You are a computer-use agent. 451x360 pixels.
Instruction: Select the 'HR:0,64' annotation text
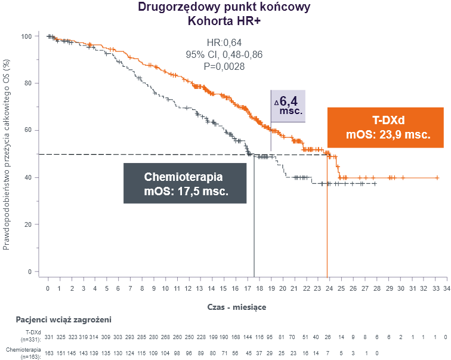[224, 42]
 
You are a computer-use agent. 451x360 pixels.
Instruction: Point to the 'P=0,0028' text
[224, 66]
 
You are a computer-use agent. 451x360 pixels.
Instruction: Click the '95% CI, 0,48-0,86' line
[224, 54]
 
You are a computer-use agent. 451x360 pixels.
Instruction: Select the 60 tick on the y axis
[28, 130]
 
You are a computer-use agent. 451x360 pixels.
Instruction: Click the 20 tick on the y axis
[28, 224]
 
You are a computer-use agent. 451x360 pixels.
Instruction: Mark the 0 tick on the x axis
[48, 288]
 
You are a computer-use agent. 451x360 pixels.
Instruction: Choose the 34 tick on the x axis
[446, 288]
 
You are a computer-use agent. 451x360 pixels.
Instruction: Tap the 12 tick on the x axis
[189, 288]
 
